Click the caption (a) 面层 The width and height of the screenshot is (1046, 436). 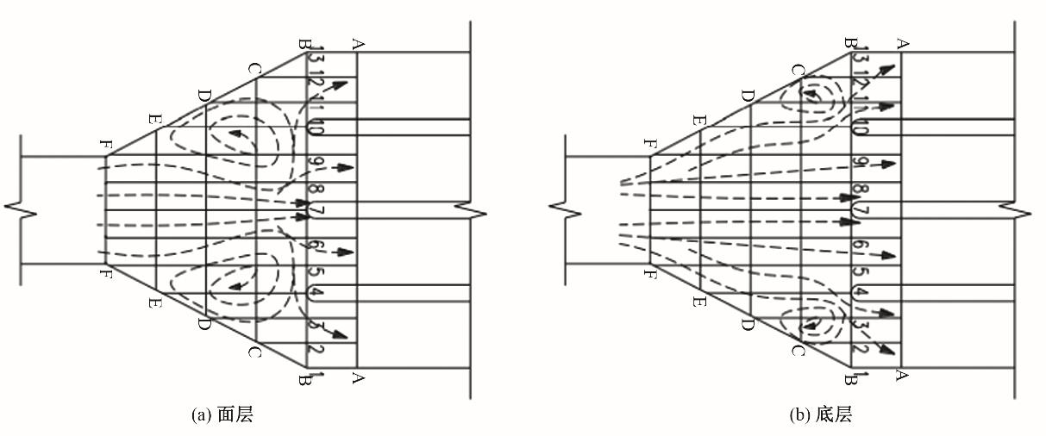click(222, 415)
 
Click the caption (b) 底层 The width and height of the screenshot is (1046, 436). click(820, 415)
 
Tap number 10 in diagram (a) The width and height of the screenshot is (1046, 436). click(316, 129)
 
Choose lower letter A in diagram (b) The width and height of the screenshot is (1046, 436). click(903, 376)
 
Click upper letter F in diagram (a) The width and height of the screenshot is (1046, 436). click(105, 146)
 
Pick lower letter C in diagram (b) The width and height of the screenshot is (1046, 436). click(799, 351)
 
